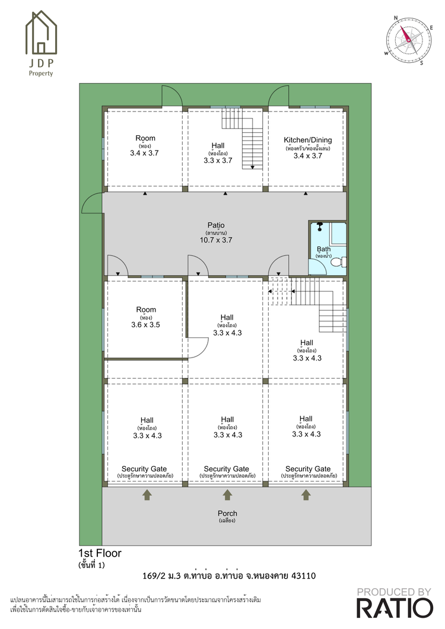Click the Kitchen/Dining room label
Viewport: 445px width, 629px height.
point(308,140)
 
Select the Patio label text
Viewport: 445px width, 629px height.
point(216,225)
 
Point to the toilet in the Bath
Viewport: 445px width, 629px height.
point(339,263)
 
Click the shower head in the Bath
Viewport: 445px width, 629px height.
point(320,226)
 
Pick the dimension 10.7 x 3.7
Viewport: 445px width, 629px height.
point(216,240)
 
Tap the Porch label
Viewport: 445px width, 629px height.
point(227,513)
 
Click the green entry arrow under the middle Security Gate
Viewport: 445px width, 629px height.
point(227,494)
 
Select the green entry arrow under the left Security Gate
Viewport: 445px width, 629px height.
point(147,494)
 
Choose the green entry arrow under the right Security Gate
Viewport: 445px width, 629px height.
point(306,494)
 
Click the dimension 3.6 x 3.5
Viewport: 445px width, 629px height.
point(145,325)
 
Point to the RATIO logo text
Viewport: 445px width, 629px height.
point(395,608)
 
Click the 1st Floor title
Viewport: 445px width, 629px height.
point(100,553)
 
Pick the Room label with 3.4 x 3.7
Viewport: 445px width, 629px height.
point(145,138)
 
